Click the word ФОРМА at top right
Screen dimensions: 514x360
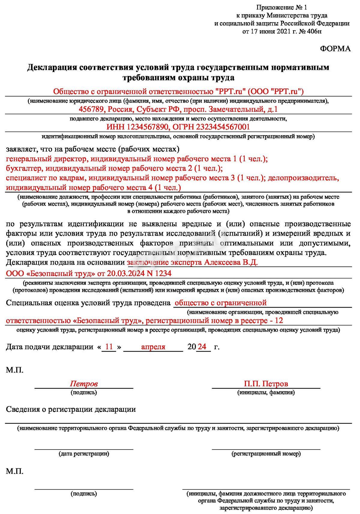click(x=335, y=49)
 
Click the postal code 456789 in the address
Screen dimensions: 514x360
click(x=91, y=109)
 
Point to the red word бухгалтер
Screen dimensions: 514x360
click(x=24, y=168)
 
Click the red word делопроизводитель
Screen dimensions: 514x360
click(x=303, y=178)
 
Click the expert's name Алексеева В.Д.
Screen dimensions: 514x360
click(x=231, y=263)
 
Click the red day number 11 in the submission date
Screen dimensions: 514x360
click(x=109, y=347)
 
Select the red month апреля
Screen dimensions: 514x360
click(x=153, y=347)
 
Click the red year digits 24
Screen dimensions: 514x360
click(x=202, y=347)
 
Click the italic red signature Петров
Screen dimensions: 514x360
click(x=84, y=384)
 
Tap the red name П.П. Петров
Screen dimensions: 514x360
click(x=266, y=384)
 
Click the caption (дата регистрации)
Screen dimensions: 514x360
click(x=84, y=453)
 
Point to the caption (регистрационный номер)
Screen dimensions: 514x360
click(x=266, y=454)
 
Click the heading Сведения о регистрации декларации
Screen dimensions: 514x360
click(x=71, y=409)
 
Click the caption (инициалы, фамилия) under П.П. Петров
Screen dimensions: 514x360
click(x=266, y=392)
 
